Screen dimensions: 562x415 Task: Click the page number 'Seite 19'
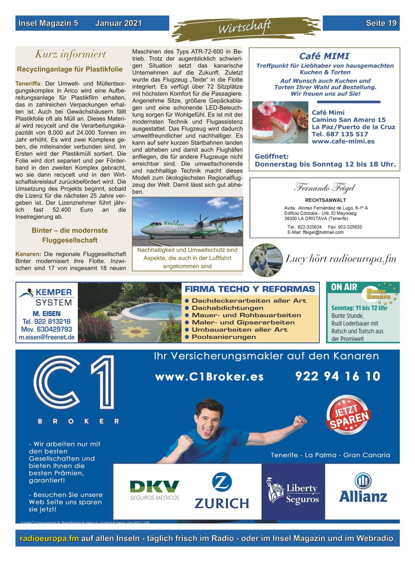pos(381,23)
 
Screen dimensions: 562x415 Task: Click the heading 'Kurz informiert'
pos(70,54)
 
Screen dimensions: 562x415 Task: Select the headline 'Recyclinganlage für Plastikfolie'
pos(70,69)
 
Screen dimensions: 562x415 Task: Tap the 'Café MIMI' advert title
pos(324,56)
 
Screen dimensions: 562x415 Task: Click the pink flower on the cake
pos(264,108)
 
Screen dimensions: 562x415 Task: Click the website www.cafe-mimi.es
pos(343,141)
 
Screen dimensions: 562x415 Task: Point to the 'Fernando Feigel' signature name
pos(324,188)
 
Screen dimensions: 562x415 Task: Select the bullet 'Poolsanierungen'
pos(224,337)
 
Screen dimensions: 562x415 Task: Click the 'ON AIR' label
pos(344,287)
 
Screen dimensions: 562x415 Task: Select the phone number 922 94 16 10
pos(338,376)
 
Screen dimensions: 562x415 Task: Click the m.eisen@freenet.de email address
pos(47,338)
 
